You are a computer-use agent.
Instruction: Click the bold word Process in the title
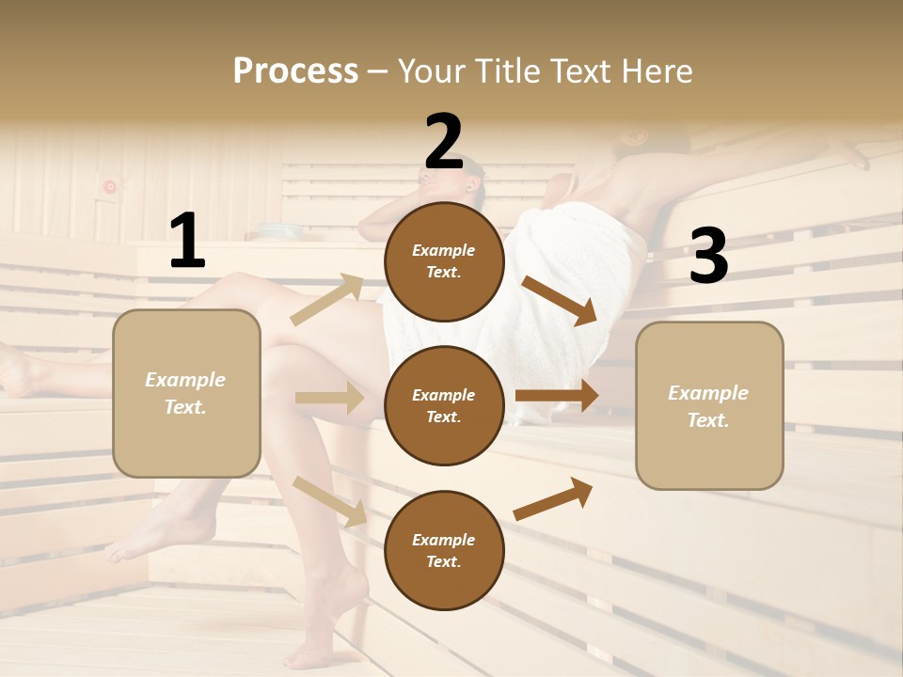click(x=295, y=71)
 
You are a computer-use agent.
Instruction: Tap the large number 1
click(x=187, y=242)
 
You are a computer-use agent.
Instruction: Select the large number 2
click(x=444, y=142)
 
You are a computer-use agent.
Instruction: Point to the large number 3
click(x=708, y=257)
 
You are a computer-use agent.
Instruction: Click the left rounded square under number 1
click(x=186, y=393)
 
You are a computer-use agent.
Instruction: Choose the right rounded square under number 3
click(x=709, y=405)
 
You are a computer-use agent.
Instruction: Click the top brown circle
click(x=444, y=261)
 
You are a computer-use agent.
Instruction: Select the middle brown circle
click(x=444, y=405)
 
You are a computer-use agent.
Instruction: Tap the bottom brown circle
click(x=444, y=550)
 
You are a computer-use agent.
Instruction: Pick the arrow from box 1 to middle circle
click(x=329, y=398)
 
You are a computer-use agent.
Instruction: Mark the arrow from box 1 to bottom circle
click(x=330, y=500)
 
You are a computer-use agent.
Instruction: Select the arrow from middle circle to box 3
click(x=557, y=395)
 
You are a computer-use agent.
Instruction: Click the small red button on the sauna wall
click(x=110, y=186)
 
